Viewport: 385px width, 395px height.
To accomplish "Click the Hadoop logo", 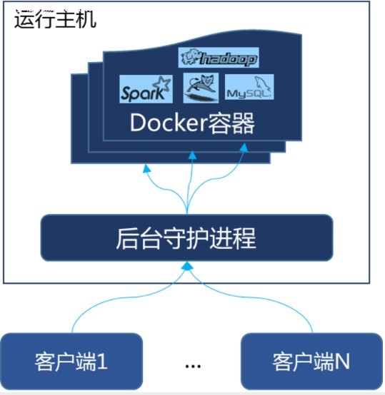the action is (x=219, y=58).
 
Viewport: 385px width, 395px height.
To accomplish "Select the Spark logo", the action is (x=146, y=89).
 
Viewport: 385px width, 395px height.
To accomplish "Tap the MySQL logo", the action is (x=249, y=87).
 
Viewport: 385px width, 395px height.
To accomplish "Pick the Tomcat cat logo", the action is (x=201, y=88).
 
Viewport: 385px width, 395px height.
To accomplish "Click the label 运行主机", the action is (x=55, y=19).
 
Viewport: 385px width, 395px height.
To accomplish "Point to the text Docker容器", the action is (x=192, y=123).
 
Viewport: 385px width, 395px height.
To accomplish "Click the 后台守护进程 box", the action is (x=186, y=237).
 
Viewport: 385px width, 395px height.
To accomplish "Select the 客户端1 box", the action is (x=71, y=361).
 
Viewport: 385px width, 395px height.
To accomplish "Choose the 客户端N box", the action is (x=312, y=361).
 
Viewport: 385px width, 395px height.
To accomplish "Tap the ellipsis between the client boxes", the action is (x=193, y=366).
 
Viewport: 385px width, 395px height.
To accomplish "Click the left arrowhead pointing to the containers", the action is (x=146, y=169).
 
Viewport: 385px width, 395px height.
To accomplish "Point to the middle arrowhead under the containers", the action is (x=192, y=155).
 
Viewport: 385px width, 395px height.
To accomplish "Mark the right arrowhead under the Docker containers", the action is (x=244, y=148).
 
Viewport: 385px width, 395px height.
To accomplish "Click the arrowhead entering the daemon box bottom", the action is (x=187, y=266).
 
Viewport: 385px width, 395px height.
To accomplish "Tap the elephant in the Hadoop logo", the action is (x=190, y=56).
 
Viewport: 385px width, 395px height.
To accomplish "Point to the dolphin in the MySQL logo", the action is (x=262, y=83).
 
